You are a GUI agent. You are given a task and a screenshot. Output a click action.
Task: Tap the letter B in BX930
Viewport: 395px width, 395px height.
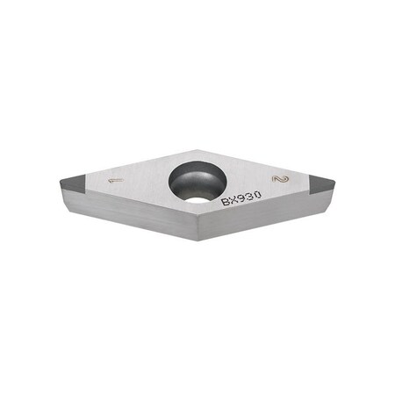(226, 201)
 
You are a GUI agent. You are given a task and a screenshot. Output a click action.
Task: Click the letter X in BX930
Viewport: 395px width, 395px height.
(233, 200)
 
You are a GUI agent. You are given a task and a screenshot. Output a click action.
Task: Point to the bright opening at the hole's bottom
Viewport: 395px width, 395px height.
(197, 198)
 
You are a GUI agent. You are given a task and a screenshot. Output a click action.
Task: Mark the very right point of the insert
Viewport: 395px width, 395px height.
(334, 181)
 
